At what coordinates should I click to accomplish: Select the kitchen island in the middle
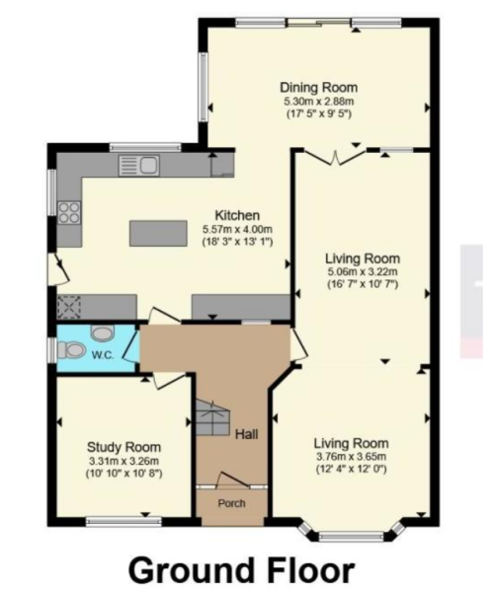(x=158, y=234)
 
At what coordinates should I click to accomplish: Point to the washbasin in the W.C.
(x=103, y=333)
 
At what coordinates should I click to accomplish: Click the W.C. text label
(x=103, y=355)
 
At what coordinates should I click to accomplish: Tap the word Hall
(x=247, y=434)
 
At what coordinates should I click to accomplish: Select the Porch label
(x=231, y=503)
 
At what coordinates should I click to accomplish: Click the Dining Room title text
(x=317, y=87)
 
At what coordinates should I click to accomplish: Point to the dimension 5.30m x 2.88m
(x=317, y=101)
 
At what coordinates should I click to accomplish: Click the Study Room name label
(x=123, y=447)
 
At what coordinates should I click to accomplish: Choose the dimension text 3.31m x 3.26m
(x=123, y=461)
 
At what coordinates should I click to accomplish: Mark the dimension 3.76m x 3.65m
(x=351, y=457)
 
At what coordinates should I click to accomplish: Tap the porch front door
(x=231, y=482)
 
